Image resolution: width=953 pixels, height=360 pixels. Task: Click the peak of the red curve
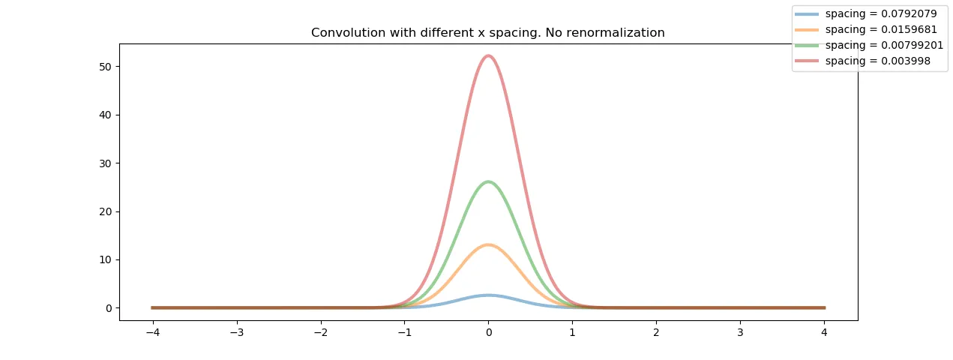[x=488, y=55]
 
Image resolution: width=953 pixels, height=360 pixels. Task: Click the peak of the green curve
[x=488, y=181]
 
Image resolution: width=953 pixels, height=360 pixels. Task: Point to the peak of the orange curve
[x=488, y=244]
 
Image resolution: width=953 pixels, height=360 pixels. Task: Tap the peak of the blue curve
[x=488, y=295]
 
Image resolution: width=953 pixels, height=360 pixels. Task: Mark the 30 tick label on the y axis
[x=106, y=163]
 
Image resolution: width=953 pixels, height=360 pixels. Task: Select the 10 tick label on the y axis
[x=106, y=259]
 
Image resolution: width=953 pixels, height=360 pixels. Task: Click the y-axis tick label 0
[x=109, y=307]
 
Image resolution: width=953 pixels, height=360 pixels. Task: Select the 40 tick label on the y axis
[x=106, y=115]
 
